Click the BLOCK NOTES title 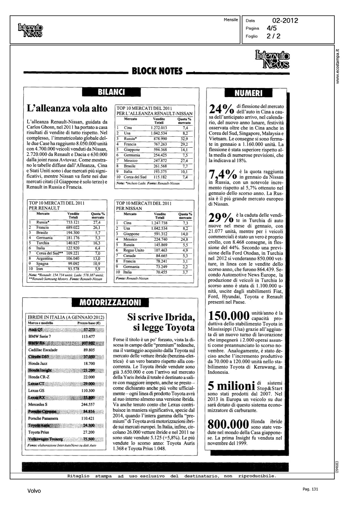click(x=157, y=71)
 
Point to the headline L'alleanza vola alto click(x=67, y=108)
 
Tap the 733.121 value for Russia click(x=73, y=222)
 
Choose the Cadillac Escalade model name click(x=43, y=350)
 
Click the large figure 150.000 click(x=229, y=316)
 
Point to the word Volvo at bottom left click(x=34, y=491)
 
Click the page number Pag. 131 click(x=311, y=489)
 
